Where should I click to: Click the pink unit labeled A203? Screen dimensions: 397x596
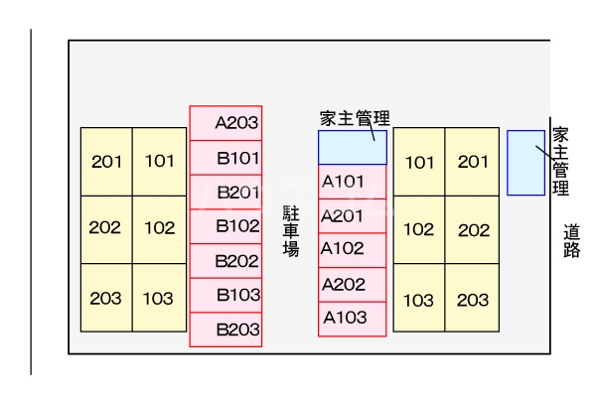click(x=226, y=123)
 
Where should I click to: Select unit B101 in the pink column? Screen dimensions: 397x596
click(x=226, y=158)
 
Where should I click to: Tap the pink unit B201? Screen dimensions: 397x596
click(x=226, y=192)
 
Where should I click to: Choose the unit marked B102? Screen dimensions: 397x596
click(x=226, y=226)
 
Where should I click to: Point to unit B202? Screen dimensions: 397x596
click(x=226, y=261)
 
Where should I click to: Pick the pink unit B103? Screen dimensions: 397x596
click(x=226, y=295)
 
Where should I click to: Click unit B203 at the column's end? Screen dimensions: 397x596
click(x=226, y=330)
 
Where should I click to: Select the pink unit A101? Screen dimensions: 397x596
click(x=352, y=182)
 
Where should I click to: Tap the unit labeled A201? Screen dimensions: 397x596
click(x=352, y=215)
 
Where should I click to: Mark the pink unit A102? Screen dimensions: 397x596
click(x=352, y=249)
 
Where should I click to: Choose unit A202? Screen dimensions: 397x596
click(x=352, y=284)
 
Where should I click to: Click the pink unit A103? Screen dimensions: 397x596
click(x=352, y=318)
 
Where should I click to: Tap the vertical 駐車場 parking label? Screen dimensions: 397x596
click(x=291, y=230)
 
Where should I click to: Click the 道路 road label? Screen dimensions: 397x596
click(x=571, y=240)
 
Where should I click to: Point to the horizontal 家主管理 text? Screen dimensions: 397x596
click(x=354, y=119)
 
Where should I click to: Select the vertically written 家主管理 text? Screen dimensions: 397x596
click(x=560, y=161)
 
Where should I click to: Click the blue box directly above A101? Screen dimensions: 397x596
click(x=352, y=147)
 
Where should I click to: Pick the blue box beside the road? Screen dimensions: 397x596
click(x=525, y=163)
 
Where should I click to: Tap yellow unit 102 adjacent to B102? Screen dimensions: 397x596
click(x=160, y=228)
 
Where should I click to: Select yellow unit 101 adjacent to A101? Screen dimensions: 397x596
click(x=419, y=162)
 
